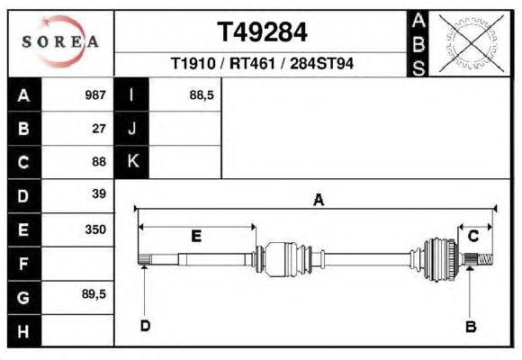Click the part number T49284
[x=262, y=32]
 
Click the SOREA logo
[x=59, y=41]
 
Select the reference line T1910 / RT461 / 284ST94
[x=262, y=65]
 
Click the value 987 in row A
[x=94, y=94]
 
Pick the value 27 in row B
[x=99, y=128]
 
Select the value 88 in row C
[x=99, y=162]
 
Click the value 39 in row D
[x=99, y=194]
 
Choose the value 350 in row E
[x=95, y=229]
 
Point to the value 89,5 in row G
[x=94, y=295]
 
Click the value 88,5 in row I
[x=201, y=94]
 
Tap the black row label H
[x=23, y=330]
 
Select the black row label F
[x=23, y=264]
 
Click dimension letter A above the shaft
[x=318, y=202]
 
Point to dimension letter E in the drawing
[x=196, y=237]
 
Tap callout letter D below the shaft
[x=145, y=326]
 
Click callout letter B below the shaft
[x=470, y=327]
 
